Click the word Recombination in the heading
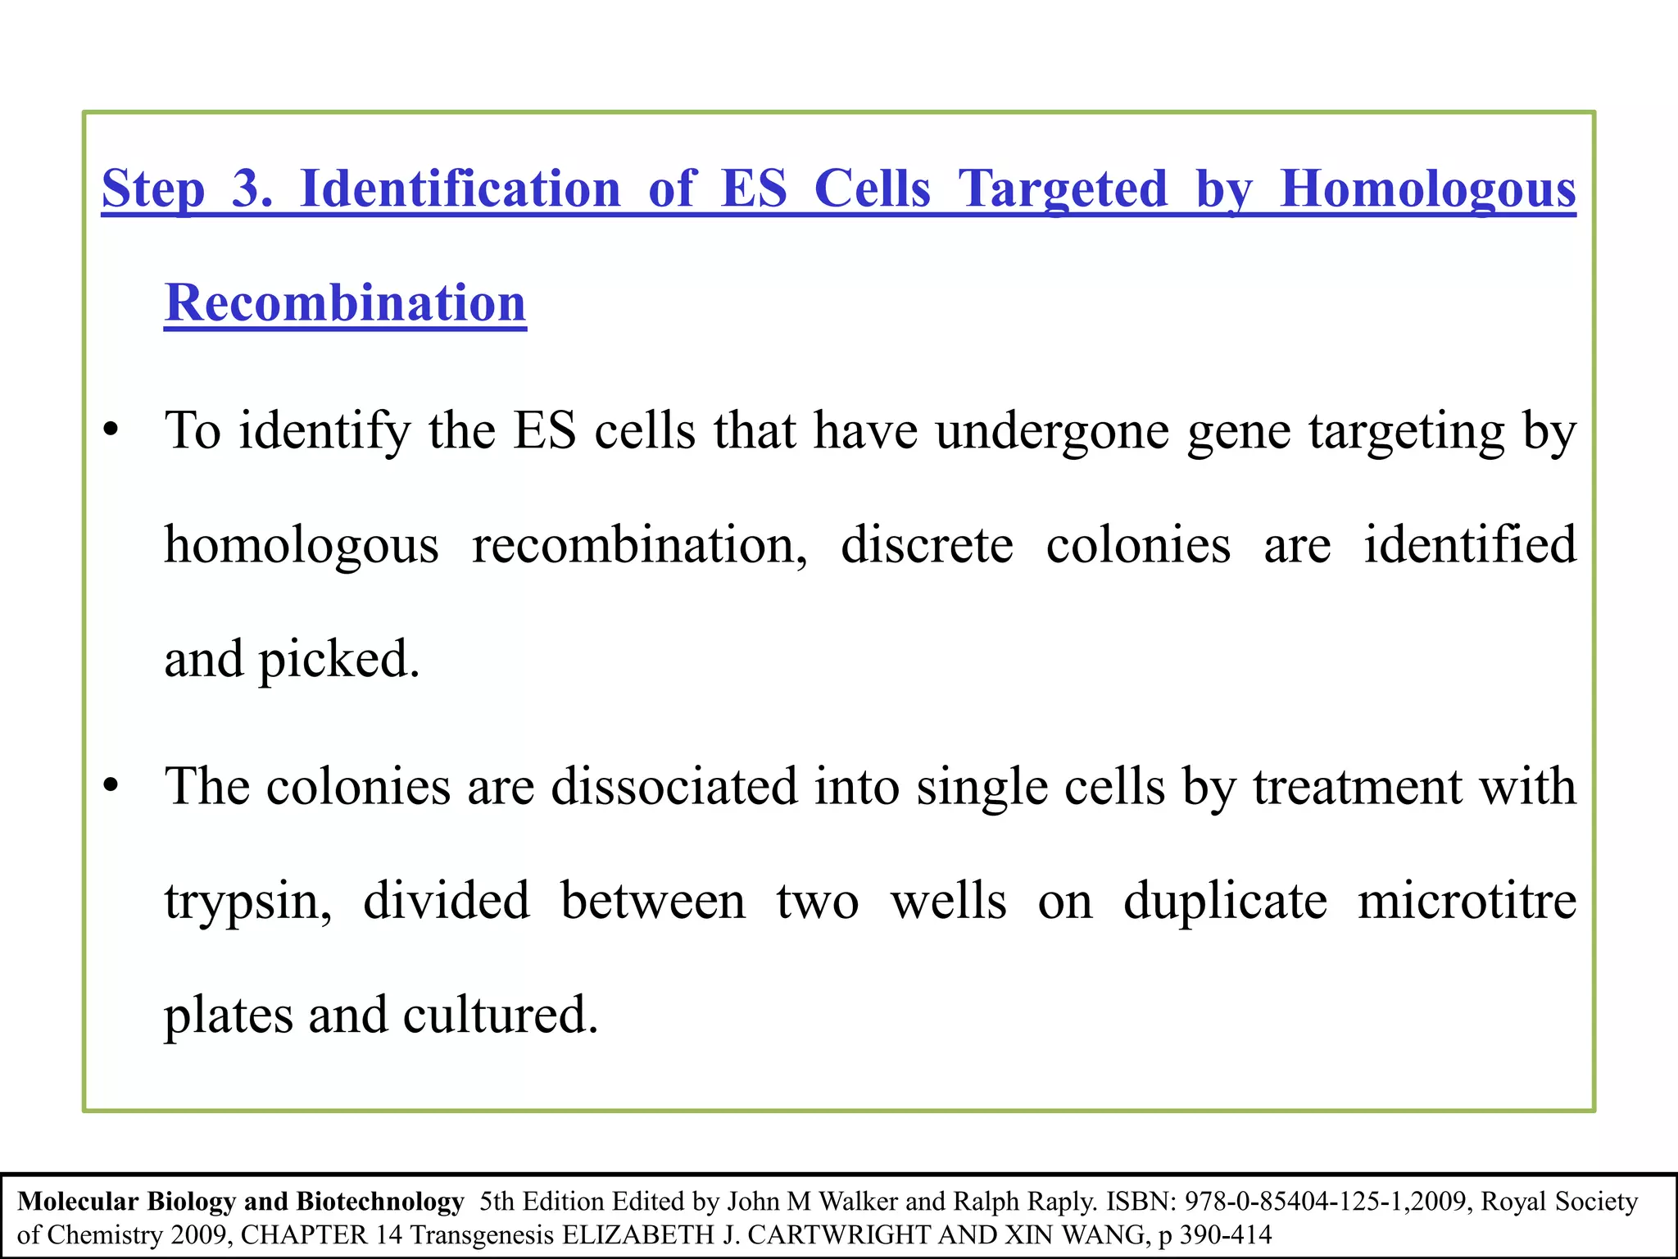345,303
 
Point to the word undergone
1052,431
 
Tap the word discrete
927,545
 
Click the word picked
339,660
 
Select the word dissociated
674,787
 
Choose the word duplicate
1225,902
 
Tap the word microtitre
1467,902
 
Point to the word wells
948,902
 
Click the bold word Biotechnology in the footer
380,1202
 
